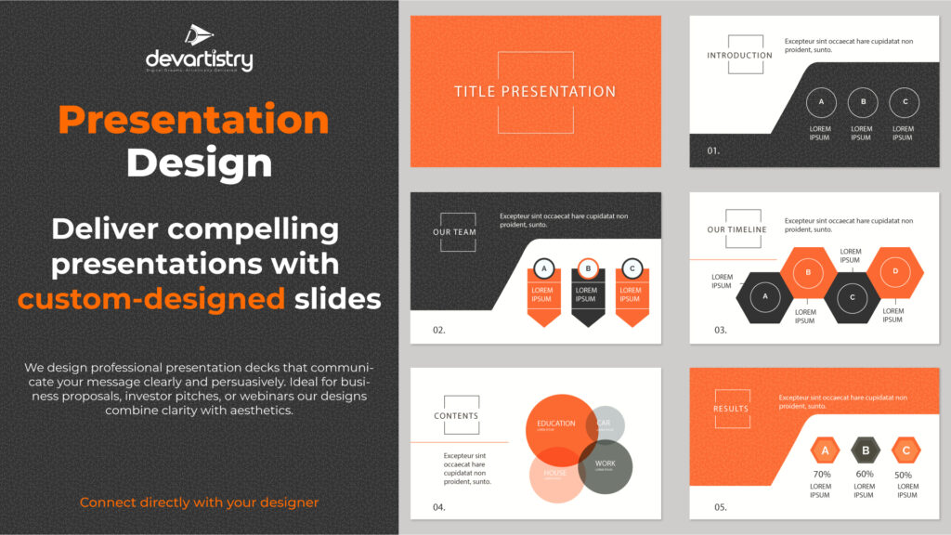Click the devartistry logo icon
click(x=199, y=36)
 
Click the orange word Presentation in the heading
click(x=193, y=120)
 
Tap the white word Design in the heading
click(x=199, y=163)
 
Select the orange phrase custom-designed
click(x=151, y=298)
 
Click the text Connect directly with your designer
click(x=199, y=502)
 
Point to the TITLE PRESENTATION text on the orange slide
click(x=535, y=92)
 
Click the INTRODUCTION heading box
click(x=739, y=55)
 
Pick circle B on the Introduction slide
click(x=863, y=102)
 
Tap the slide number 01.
click(x=713, y=150)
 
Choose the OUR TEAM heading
click(x=455, y=232)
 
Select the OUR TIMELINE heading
click(x=736, y=229)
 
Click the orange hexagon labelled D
click(x=895, y=271)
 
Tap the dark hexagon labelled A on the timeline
click(x=766, y=297)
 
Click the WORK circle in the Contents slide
click(x=605, y=466)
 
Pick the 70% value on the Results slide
click(x=821, y=475)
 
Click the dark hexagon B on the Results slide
click(x=866, y=451)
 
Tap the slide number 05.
click(x=720, y=507)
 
